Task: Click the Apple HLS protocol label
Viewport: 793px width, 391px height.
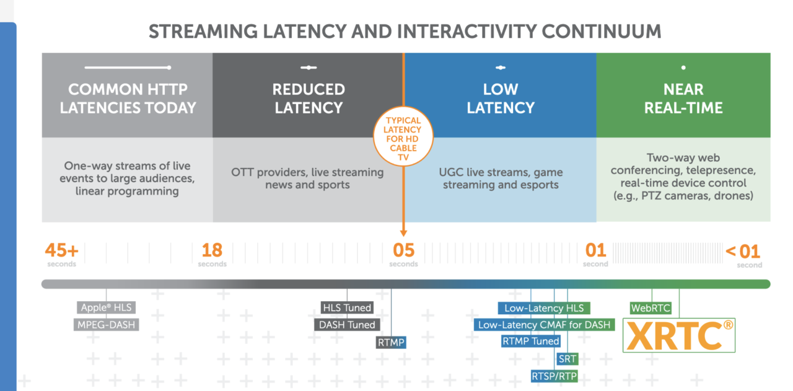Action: click(106, 308)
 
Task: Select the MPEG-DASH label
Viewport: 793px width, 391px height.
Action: click(106, 325)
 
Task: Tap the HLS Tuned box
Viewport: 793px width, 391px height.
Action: click(347, 308)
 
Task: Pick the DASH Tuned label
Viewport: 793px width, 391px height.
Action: click(347, 325)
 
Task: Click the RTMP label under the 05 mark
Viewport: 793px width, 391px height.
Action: click(391, 341)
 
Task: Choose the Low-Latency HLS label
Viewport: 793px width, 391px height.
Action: click(544, 308)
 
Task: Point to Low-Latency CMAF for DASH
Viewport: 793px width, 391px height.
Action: click(544, 325)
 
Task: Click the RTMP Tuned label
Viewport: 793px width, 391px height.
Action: click(531, 341)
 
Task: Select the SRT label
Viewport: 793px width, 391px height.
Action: click(567, 359)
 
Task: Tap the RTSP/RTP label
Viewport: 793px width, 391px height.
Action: click(554, 376)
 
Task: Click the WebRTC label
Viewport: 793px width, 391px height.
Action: click(652, 308)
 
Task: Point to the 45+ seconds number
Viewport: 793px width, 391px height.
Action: click(61, 251)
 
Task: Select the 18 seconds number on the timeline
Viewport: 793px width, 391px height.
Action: click(212, 251)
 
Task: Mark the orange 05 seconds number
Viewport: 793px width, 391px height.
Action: click(403, 251)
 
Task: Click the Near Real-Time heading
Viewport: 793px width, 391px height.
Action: click(683, 99)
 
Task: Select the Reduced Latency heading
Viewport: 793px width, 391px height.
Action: click(308, 99)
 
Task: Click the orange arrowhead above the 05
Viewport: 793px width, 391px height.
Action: click(403, 234)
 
